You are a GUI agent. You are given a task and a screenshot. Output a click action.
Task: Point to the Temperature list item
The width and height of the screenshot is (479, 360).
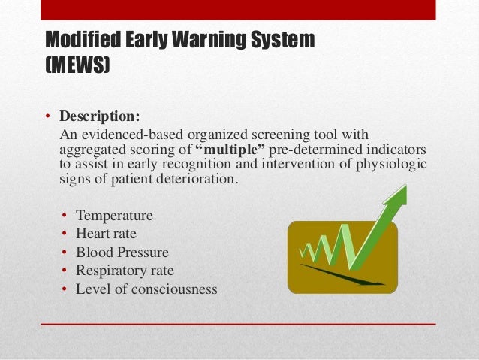point(114,216)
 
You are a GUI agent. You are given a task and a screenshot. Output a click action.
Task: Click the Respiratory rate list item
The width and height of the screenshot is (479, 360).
point(125,271)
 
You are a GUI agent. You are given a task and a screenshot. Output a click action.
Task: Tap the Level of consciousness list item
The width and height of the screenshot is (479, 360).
point(146,289)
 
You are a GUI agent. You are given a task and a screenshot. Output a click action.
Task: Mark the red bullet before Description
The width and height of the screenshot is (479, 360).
point(46,118)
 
